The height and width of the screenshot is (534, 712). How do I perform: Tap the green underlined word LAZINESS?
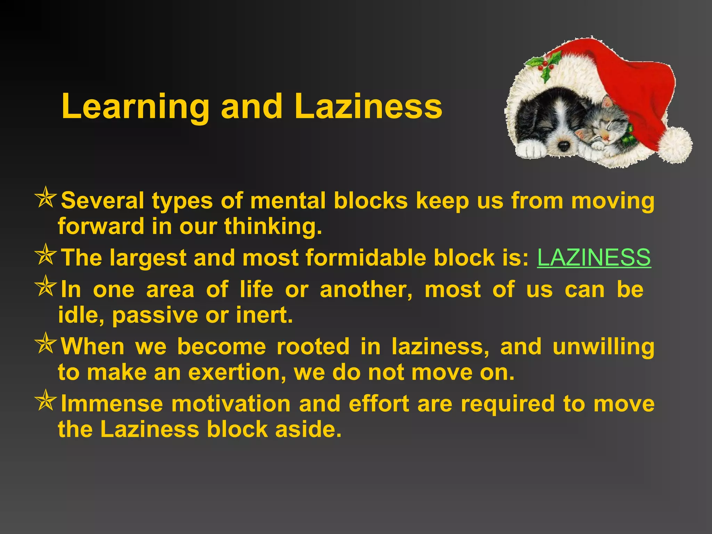[594, 258]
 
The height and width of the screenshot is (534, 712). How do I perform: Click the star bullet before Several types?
[46, 198]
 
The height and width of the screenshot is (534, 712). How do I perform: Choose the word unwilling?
[603, 347]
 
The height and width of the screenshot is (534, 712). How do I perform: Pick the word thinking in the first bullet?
[273, 226]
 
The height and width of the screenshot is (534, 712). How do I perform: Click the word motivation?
[231, 404]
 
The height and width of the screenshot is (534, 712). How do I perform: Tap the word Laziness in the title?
[368, 106]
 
